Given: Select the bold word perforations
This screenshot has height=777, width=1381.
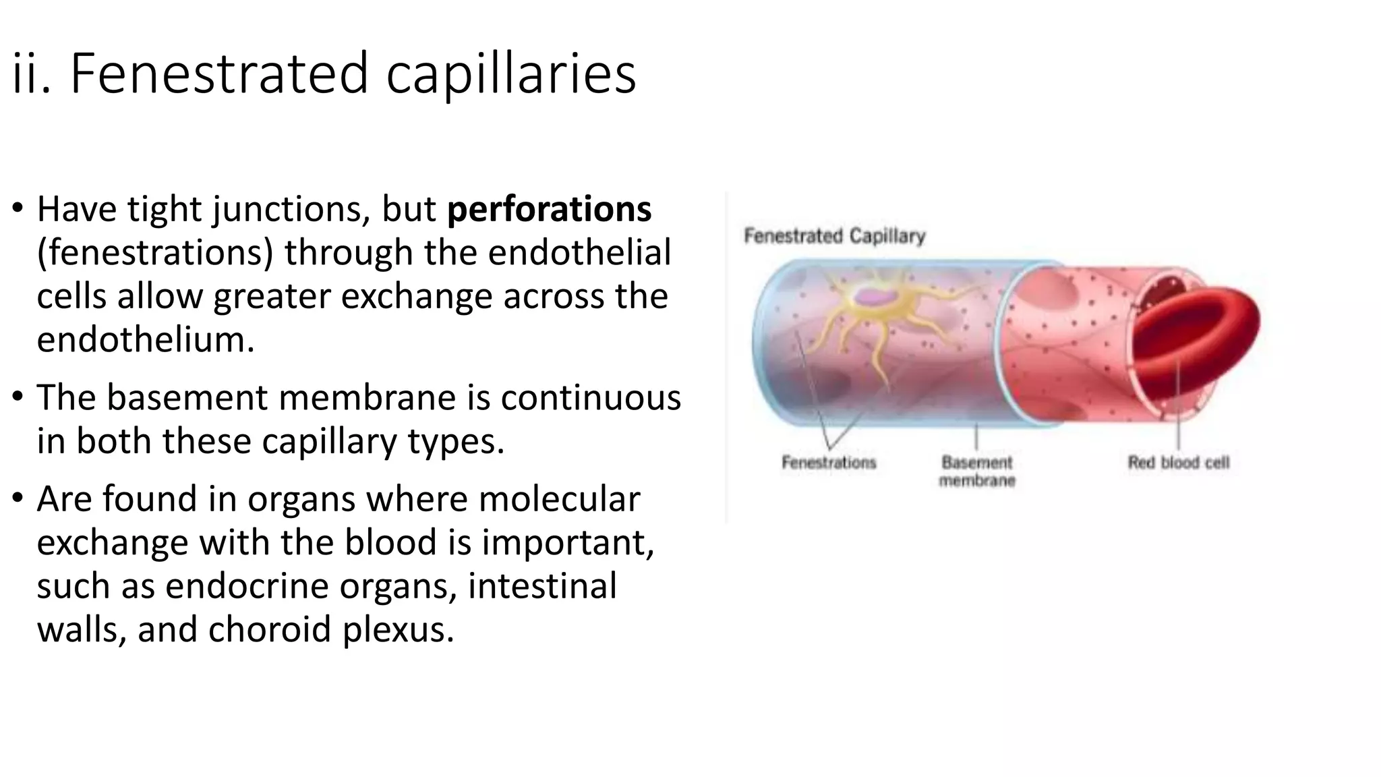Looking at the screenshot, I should pos(549,209).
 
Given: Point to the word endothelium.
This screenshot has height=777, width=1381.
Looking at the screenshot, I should pos(146,339).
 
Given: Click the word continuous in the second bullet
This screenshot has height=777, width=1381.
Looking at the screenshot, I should pos(591,397).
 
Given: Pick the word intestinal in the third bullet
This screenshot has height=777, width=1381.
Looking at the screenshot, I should pos(542,585).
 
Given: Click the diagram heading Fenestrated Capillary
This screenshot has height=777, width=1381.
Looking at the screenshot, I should pos(834,236).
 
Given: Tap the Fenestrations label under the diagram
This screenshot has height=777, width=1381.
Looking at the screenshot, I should pos(829,463).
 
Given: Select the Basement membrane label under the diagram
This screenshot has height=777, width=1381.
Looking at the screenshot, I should pos(977,471).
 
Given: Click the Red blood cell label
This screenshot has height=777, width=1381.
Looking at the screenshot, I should pos(1179,463).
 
